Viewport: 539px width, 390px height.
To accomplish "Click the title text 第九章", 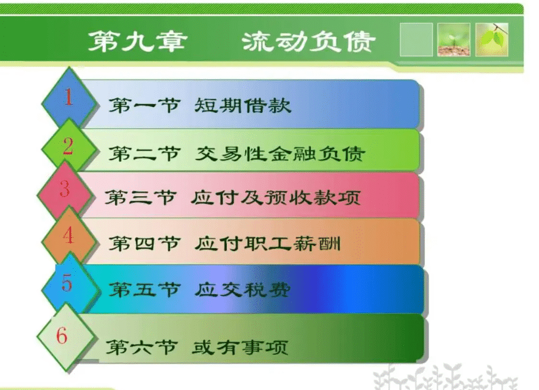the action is click(138, 42).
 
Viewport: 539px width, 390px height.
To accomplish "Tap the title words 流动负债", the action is click(309, 42).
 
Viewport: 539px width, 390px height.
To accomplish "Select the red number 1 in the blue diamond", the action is click(69, 96).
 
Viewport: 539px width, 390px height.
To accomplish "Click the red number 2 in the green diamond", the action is click(68, 146).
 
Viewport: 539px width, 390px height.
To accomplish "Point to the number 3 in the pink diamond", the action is click(65, 188).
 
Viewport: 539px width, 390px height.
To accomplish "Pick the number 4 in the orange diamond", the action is click(68, 235).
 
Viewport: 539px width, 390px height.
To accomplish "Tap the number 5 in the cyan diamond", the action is click(67, 283).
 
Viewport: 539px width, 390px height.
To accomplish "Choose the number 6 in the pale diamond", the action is click(62, 335).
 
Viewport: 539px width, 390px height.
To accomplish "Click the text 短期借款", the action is click(243, 105).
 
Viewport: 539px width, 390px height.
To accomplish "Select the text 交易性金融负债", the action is click(280, 154).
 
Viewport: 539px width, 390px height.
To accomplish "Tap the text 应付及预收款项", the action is click(276, 198).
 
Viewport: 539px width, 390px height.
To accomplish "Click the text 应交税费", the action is click(243, 289).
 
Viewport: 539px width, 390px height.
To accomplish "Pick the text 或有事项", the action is click(240, 347).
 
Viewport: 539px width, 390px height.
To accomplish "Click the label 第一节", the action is click(145, 105).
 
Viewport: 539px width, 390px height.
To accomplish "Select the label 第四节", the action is click(145, 244).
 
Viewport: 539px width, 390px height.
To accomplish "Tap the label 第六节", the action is click(142, 347).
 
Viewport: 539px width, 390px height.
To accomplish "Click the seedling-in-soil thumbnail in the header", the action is click(454, 39).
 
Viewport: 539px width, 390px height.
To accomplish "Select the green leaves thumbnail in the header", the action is click(492, 39).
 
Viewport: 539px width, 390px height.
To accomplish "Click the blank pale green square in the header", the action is click(416, 39).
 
